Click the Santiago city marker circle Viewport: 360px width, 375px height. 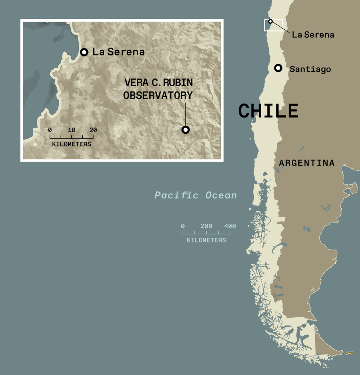[x=278, y=68]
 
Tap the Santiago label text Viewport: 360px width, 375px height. [x=310, y=69]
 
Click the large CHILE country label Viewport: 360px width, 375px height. [x=268, y=111]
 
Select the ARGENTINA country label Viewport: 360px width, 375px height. [x=307, y=163]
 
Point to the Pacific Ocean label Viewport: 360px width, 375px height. [x=196, y=195]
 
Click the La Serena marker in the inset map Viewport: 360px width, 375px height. [x=84, y=52]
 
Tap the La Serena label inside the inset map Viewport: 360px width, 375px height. [x=118, y=52]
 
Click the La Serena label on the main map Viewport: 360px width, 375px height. [x=313, y=35]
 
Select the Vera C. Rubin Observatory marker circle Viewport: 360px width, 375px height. [x=186, y=129]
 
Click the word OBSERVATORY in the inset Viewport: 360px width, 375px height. [x=158, y=95]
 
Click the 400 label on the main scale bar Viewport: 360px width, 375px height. [x=230, y=226]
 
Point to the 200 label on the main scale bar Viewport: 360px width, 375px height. [x=206, y=226]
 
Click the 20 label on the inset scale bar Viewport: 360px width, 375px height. [x=93, y=130]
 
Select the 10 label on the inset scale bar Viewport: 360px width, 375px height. [x=71, y=130]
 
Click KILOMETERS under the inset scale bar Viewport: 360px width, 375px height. [x=72, y=144]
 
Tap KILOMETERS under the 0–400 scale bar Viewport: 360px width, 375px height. [x=206, y=240]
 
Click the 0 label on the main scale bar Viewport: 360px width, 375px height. [x=183, y=226]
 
